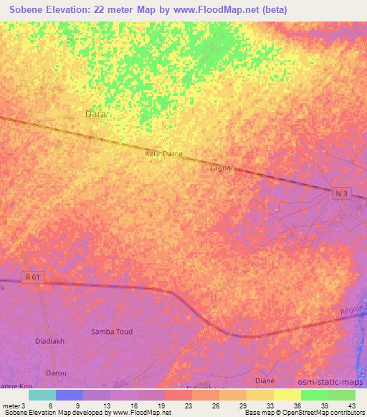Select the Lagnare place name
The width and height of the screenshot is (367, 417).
pyautogui.click(x=224, y=168)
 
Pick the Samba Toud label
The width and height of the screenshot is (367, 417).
pyautogui.click(x=113, y=332)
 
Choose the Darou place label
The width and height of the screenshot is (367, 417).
pyautogui.click(x=56, y=373)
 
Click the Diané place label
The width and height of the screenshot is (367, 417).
pyautogui.click(x=265, y=380)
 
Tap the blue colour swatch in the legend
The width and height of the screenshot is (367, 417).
pyautogui.click(x=70, y=395)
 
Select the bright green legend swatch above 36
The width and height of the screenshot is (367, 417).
pyautogui.click(x=314, y=395)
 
